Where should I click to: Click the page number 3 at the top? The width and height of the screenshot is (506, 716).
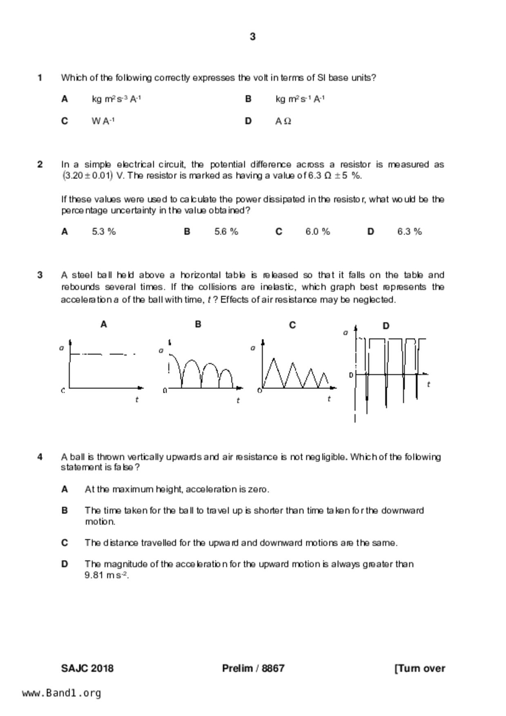[252, 37]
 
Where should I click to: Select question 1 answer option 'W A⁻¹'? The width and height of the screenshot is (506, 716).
[103, 121]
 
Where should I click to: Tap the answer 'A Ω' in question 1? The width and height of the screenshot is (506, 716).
[283, 121]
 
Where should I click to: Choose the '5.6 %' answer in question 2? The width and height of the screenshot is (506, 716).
[226, 231]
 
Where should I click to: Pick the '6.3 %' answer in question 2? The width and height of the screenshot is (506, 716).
[409, 231]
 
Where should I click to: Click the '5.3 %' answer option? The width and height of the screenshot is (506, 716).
[104, 231]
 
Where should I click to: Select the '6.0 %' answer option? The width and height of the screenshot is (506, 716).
[317, 231]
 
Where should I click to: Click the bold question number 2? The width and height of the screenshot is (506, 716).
[40, 165]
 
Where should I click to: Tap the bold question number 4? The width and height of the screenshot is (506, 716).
[40, 457]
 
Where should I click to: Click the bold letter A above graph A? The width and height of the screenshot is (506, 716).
[104, 324]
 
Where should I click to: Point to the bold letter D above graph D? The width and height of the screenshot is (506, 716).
[386, 326]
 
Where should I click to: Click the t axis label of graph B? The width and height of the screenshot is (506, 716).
[238, 400]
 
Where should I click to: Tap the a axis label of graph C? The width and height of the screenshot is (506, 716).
[253, 348]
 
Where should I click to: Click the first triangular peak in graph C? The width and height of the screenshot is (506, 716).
[273, 359]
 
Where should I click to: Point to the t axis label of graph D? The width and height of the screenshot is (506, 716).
[428, 384]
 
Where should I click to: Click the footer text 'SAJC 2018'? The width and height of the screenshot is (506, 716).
[87, 668]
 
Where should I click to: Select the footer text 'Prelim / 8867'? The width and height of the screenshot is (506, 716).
[253, 668]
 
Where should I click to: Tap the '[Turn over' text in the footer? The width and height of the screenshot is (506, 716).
[420, 668]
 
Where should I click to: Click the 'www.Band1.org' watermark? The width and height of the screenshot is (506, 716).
[62, 693]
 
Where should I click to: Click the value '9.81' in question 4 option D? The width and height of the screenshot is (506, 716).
[94, 575]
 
